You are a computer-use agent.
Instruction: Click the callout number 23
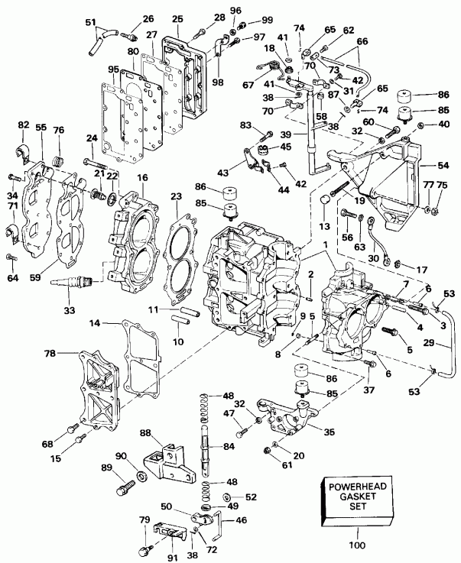tap(176, 196)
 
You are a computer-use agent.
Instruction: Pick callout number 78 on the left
tap(50, 354)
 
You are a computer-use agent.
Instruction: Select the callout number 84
tap(229, 446)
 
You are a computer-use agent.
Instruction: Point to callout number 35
tap(329, 432)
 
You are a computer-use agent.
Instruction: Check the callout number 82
tap(23, 124)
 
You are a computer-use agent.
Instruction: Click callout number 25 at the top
tap(178, 18)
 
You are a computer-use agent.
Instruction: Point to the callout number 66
tap(362, 40)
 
